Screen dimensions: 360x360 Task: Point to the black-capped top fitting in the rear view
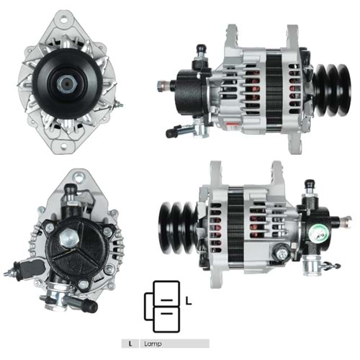71,192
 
